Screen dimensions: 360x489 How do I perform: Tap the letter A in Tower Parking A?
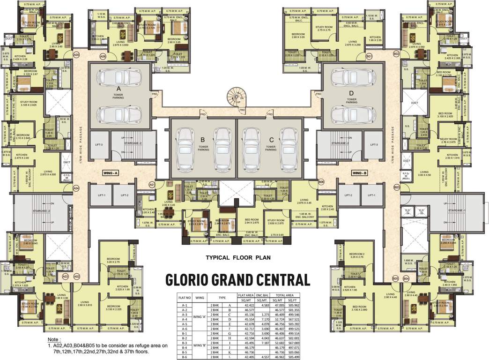click(x=119, y=89)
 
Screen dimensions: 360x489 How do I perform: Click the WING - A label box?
click(x=111, y=173)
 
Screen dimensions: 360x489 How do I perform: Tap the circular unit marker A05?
click(x=77, y=54)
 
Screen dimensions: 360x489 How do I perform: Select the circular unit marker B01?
click(x=370, y=56)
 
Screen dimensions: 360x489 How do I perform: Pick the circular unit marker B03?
click(x=397, y=187)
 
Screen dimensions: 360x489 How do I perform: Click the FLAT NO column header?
click(x=184, y=297)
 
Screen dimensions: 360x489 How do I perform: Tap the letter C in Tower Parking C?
click(x=271, y=139)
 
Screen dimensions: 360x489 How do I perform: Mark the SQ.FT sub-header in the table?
click(x=293, y=300)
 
